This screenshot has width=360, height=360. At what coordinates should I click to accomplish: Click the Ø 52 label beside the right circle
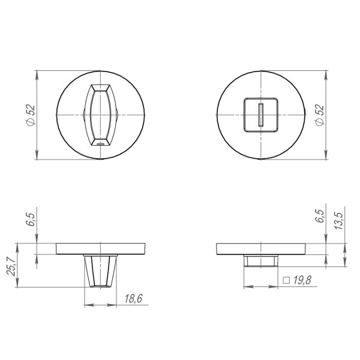[319, 115]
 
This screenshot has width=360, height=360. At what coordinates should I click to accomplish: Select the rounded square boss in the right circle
[260, 114]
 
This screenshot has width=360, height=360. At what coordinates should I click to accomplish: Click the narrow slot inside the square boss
[260, 114]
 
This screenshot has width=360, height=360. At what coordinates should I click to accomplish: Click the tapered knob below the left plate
[100, 271]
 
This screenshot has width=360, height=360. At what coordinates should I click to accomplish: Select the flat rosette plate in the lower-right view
[260, 248]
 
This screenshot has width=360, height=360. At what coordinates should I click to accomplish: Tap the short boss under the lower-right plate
[260, 260]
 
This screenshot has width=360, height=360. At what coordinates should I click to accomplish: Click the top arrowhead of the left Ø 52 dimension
[38, 73]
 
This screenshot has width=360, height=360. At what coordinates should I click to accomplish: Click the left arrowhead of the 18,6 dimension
[86, 305]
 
